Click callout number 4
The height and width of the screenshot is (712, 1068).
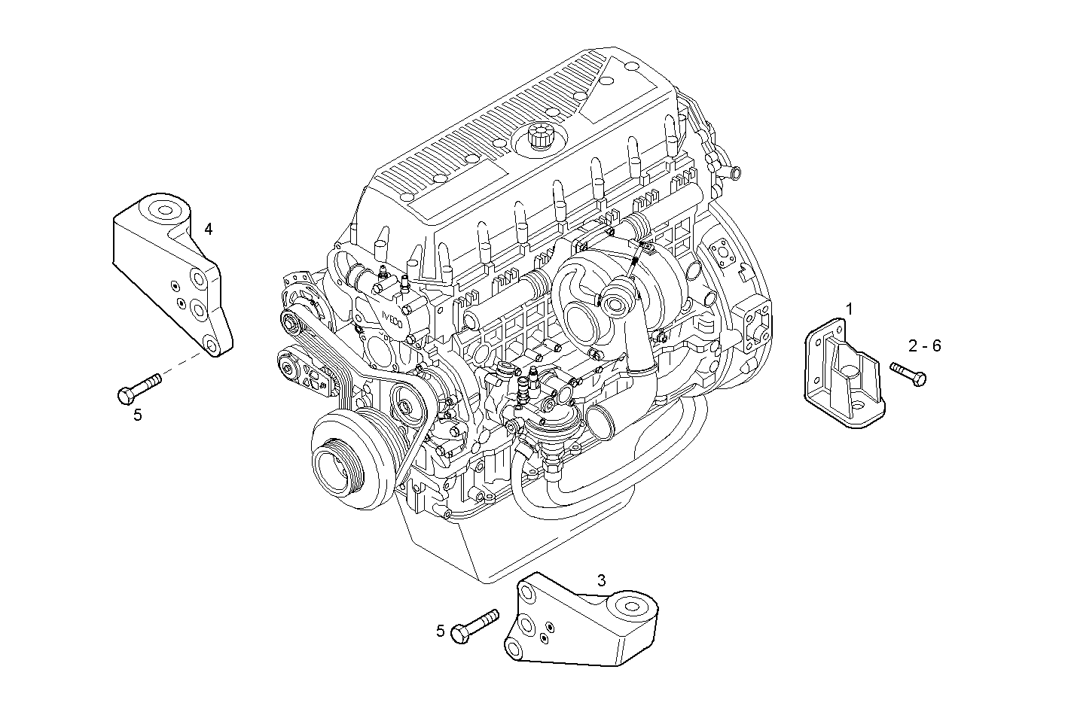[208, 229]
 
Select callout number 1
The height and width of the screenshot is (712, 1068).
[849, 309]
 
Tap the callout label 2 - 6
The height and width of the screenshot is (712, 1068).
[924, 345]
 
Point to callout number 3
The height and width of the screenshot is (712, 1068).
[601, 580]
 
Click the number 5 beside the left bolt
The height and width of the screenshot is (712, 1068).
[138, 414]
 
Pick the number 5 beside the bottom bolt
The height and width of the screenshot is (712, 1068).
[441, 631]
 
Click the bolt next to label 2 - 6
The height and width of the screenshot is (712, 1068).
[908, 373]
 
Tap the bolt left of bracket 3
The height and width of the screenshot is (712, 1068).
[474, 625]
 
